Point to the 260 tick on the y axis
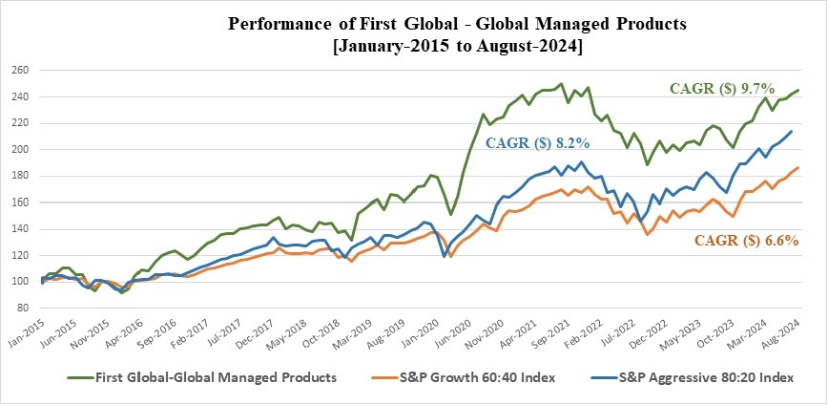19,71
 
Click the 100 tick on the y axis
19,282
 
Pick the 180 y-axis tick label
19,177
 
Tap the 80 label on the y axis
22,309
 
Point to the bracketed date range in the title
413,46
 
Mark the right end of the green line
797,91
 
